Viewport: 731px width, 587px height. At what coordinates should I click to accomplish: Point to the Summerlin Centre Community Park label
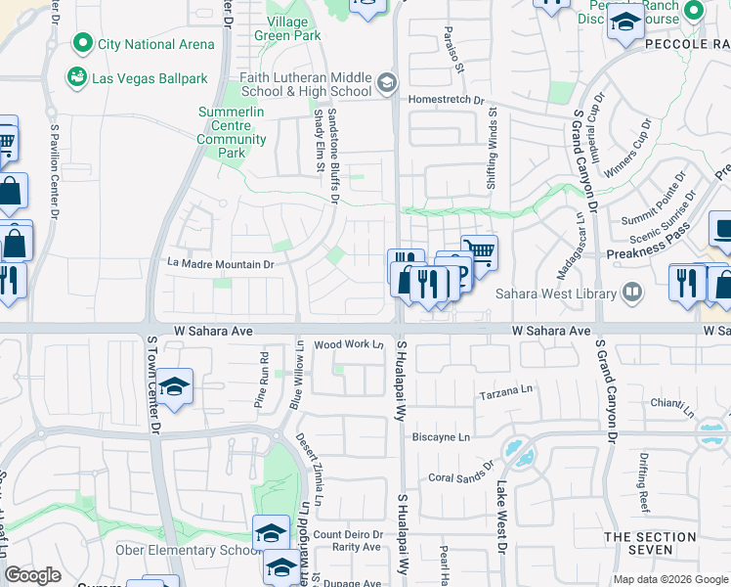[x=231, y=133]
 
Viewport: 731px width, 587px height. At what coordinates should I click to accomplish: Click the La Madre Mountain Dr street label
[x=220, y=264]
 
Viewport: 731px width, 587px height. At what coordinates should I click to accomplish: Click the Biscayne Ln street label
[x=441, y=436]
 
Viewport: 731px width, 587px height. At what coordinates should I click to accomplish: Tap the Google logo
[x=32, y=575]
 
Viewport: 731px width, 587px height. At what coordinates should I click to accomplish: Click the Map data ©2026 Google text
[x=669, y=579]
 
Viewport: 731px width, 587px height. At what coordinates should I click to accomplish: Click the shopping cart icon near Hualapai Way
[x=479, y=251]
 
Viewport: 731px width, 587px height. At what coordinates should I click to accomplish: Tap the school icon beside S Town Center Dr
[x=174, y=386]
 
